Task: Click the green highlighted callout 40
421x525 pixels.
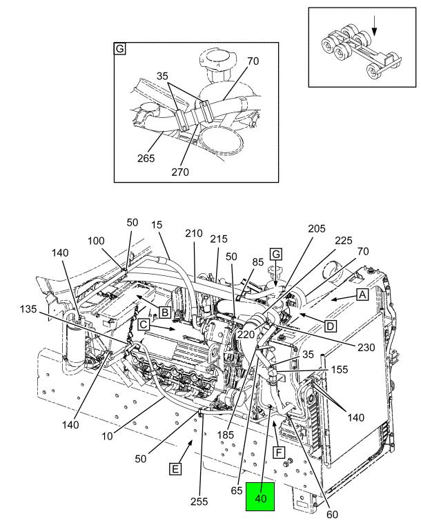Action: tap(260, 497)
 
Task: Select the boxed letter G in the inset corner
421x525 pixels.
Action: tap(119, 49)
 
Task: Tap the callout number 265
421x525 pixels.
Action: tap(146, 158)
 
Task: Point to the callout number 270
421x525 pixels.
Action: tap(180, 172)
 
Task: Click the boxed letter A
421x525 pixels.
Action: tap(362, 295)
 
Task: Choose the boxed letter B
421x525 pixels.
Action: tap(165, 313)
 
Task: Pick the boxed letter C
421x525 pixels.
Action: tap(144, 324)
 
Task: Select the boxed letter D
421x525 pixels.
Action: tap(331, 326)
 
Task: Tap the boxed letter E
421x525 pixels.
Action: tap(175, 468)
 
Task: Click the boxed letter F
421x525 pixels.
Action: tap(279, 453)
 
